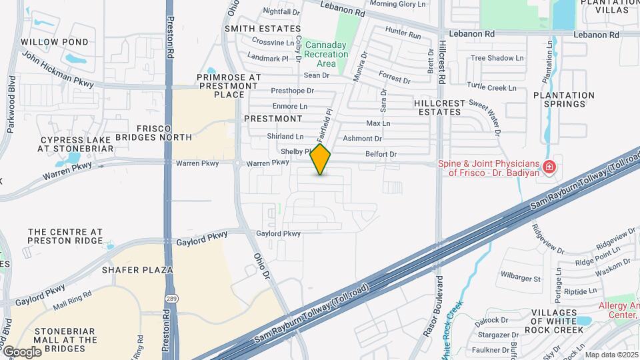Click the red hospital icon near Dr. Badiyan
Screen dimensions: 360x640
click(x=549, y=167)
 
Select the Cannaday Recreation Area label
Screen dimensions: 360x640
click(x=326, y=55)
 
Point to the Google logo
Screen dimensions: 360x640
click(x=22, y=351)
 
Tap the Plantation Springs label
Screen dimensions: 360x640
click(x=563, y=100)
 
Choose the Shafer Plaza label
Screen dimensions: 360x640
click(x=137, y=270)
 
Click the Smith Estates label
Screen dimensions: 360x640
click(x=263, y=29)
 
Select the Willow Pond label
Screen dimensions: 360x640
click(x=55, y=42)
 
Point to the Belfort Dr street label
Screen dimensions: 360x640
click(x=381, y=154)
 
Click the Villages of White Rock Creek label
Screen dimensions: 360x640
click(x=553, y=321)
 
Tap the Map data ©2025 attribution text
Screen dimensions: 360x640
click(x=612, y=355)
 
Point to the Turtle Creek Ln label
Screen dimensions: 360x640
click(x=491, y=87)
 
